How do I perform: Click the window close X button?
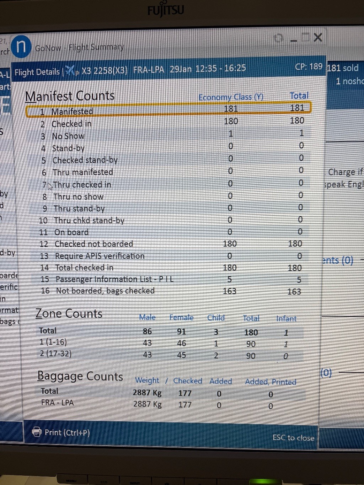(318, 37)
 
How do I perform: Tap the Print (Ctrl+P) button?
(61, 432)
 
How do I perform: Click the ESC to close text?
(293, 438)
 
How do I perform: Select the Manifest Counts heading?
(70, 96)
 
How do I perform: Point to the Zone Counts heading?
(69, 314)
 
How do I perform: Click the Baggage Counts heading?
(80, 376)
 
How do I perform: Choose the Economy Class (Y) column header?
(231, 97)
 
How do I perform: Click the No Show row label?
(68, 136)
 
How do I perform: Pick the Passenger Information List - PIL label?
(114, 279)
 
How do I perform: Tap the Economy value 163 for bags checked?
(230, 291)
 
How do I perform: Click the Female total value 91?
(182, 332)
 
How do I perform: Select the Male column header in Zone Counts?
(147, 317)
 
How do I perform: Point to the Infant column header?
(286, 318)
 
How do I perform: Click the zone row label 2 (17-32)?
(55, 354)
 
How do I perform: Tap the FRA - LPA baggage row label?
(57, 403)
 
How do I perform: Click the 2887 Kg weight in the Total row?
(147, 393)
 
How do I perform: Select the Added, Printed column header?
(271, 382)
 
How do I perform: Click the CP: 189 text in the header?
(309, 67)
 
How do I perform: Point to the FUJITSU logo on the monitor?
(166, 10)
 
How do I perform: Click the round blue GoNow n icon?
(21, 47)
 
